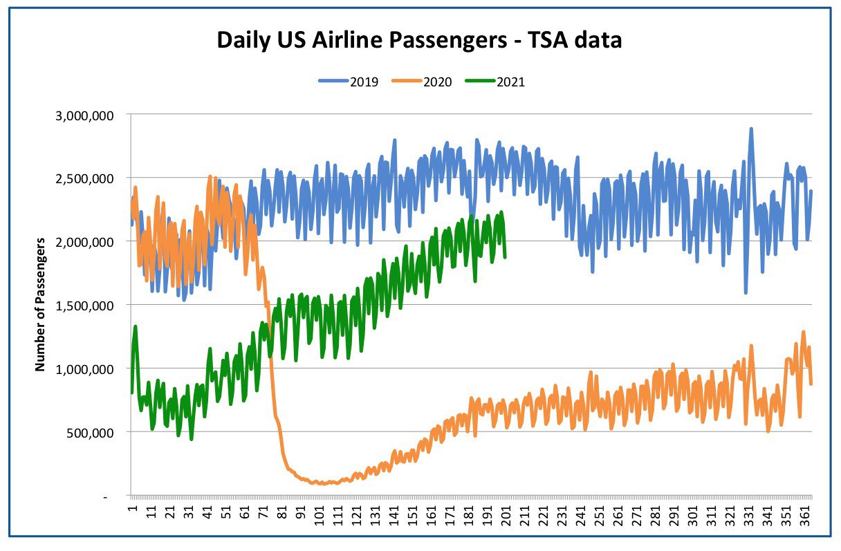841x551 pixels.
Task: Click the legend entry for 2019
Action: (349, 82)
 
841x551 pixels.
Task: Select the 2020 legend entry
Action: (422, 82)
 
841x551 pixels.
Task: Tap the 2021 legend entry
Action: (495, 82)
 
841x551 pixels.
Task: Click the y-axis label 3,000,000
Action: (84, 116)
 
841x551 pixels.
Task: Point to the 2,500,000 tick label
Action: (84, 179)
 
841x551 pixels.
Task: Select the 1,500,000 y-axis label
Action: (84, 306)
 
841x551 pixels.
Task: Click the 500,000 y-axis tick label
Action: (90, 433)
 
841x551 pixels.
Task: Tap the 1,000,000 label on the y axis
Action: (84, 370)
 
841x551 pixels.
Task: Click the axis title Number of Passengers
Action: (40, 305)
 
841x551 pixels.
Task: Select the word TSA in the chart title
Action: (551, 39)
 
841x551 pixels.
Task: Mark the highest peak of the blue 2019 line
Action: (751, 129)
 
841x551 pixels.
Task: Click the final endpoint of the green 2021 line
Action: (506, 257)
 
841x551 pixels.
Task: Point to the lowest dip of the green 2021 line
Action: (192, 439)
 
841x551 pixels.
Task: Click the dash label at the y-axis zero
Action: (106, 498)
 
